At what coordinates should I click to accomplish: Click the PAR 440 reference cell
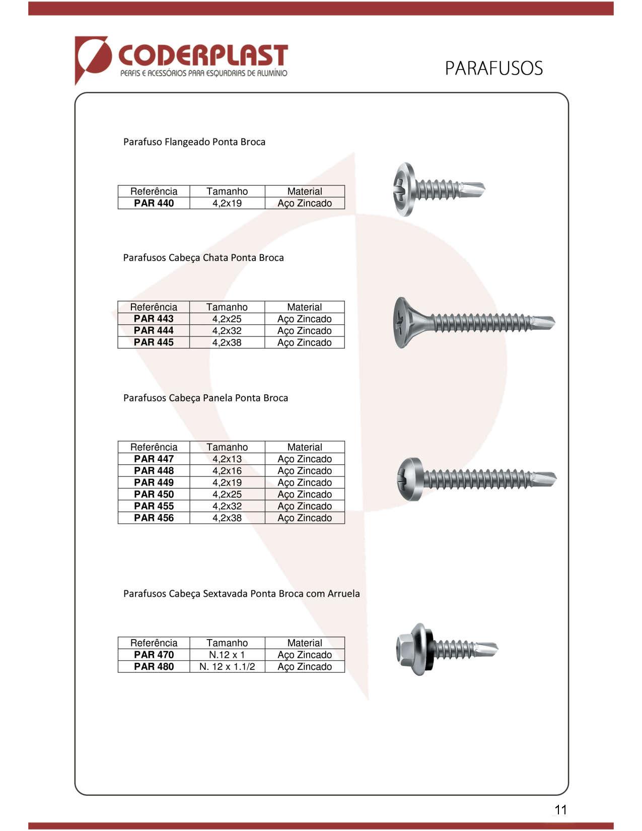point(154,203)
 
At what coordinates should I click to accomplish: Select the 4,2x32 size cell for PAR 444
point(227,331)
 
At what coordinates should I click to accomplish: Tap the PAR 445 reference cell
point(154,342)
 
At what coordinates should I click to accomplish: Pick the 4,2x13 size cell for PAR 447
point(227,459)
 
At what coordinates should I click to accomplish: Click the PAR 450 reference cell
point(154,495)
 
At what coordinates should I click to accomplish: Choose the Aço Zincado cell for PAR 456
point(305,518)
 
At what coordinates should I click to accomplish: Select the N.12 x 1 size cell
point(227,655)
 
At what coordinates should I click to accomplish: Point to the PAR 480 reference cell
point(154,667)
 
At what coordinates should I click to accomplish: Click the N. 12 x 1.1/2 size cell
point(227,667)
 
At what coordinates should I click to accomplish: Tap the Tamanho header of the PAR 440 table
point(227,191)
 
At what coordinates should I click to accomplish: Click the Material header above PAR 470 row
point(305,643)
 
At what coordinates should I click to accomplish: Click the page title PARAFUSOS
point(493,68)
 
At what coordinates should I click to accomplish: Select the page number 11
point(560,810)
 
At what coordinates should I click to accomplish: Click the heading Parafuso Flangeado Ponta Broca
point(194,142)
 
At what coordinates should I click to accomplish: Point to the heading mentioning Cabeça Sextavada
point(241,594)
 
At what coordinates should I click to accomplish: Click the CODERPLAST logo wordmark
point(202,56)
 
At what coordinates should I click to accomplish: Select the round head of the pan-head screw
point(409,479)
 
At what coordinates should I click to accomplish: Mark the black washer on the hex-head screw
point(429,649)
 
